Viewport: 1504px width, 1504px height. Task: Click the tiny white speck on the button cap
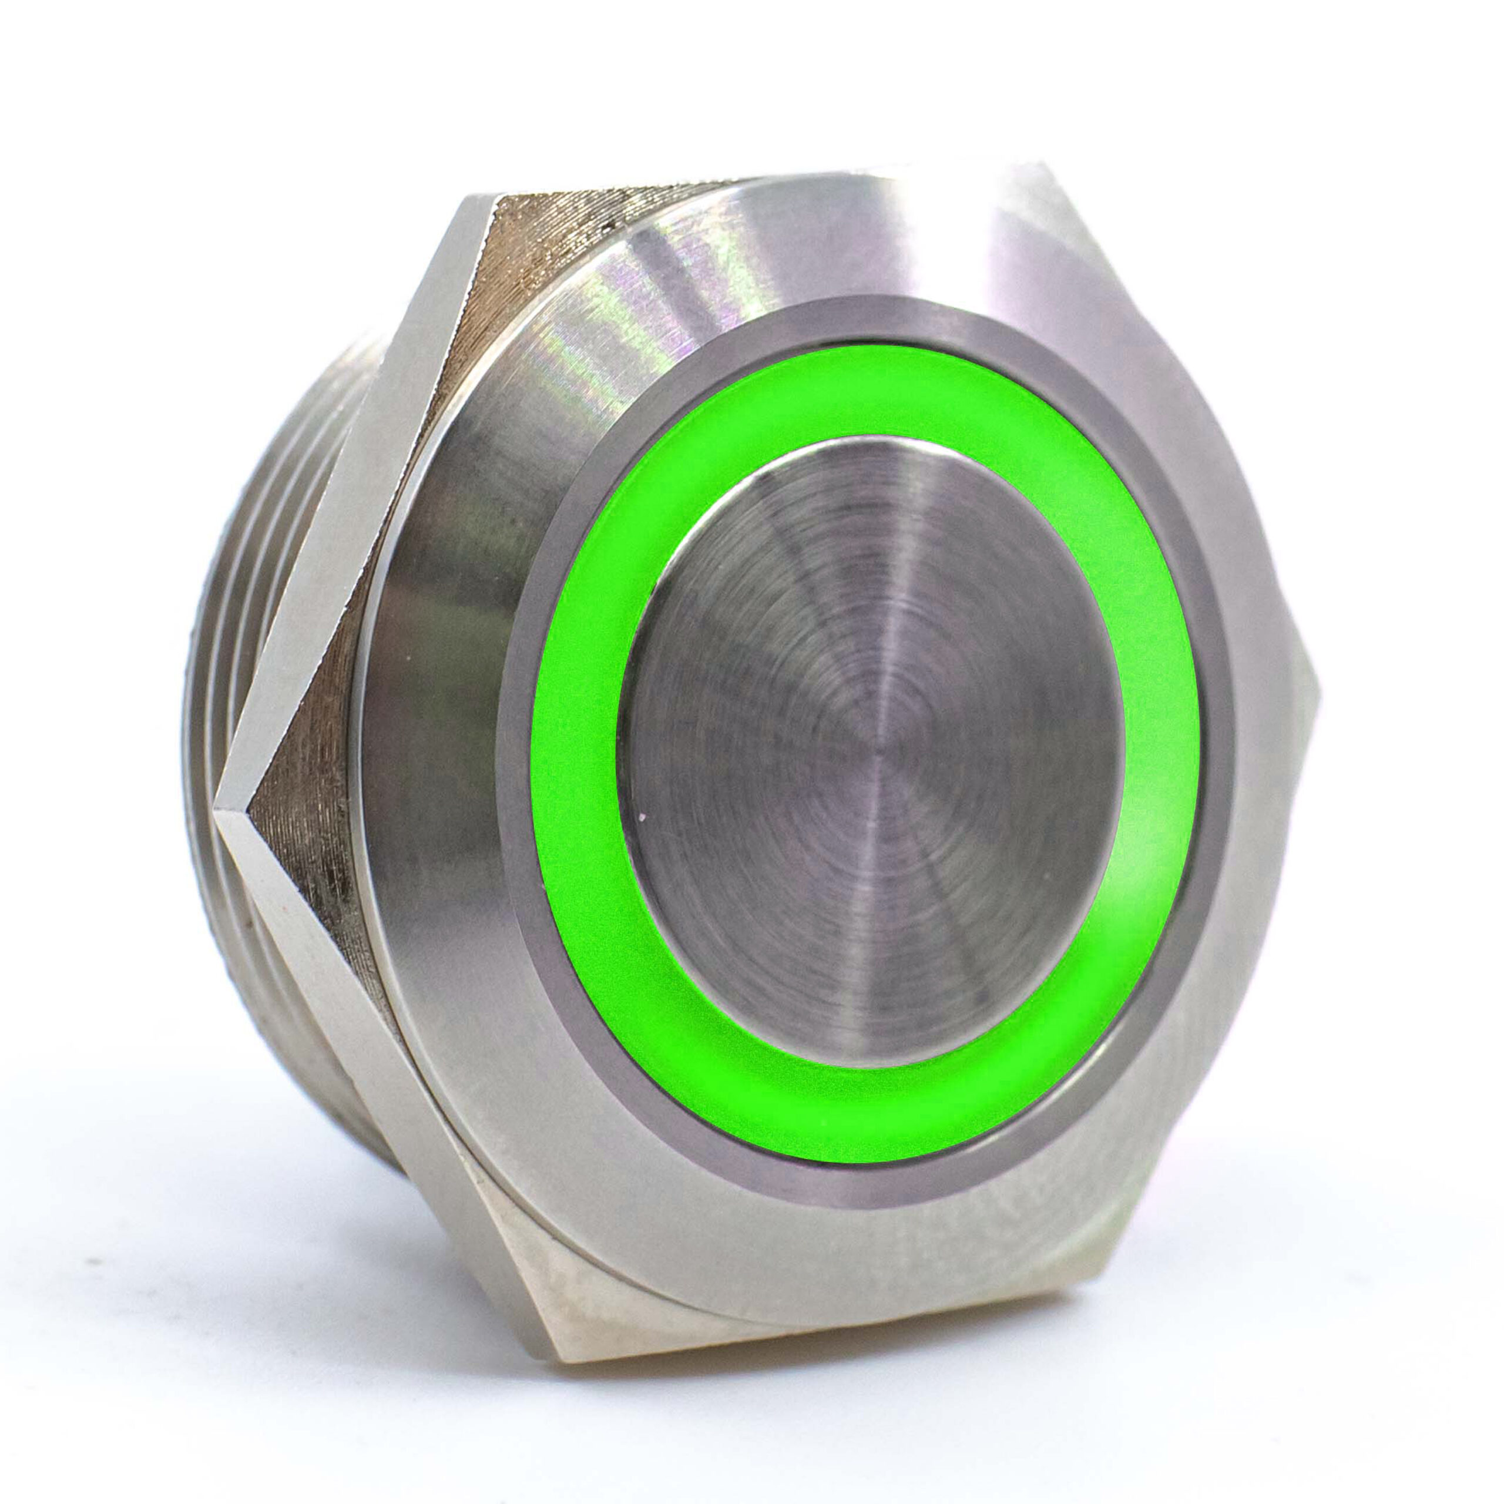click(x=640, y=817)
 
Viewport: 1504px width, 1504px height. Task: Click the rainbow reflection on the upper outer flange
click(x=623, y=327)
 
